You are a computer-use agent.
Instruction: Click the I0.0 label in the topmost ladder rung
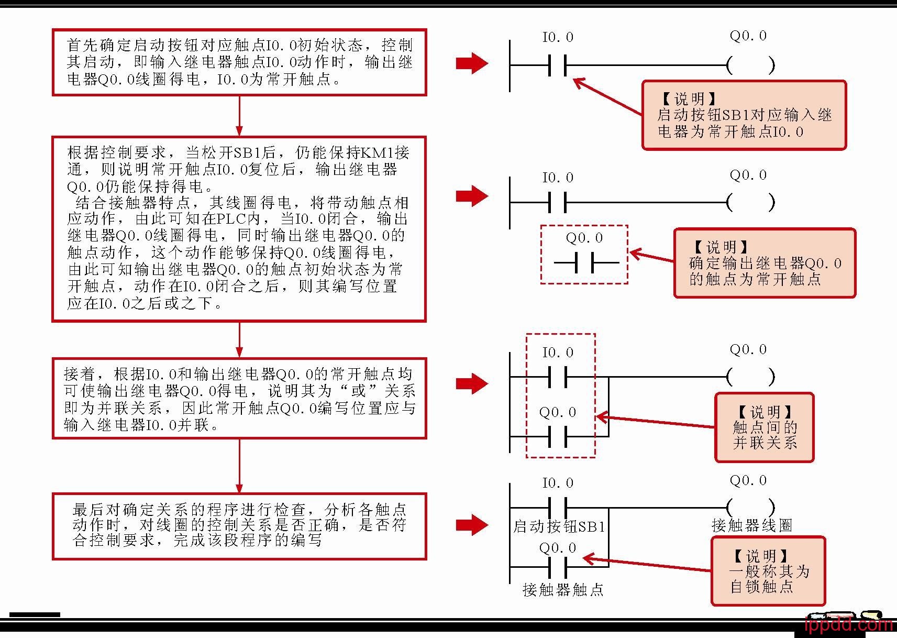(x=558, y=37)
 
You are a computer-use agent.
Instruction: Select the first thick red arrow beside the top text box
(x=472, y=63)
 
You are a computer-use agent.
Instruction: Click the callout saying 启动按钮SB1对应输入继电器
(x=744, y=115)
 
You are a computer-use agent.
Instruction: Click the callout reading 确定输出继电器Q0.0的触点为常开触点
(x=765, y=263)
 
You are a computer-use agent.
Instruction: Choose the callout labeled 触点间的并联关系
(x=765, y=427)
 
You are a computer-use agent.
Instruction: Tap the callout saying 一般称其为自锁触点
(x=768, y=571)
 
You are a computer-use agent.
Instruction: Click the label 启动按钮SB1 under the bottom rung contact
(x=559, y=526)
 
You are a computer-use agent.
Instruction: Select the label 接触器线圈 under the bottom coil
(x=752, y=525)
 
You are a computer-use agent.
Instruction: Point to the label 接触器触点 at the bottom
(x=563, y=590)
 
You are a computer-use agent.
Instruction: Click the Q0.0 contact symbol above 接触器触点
(x=558, y=567)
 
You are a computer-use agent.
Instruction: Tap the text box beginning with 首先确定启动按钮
(x=239, y=62)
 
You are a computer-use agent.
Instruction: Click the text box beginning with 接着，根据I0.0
(x=239, y=399)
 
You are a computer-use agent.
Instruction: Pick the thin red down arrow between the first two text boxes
(x=239, y=116)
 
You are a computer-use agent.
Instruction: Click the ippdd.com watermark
(x=848, y=624)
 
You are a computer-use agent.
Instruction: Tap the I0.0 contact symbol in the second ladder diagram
(x=558, y=202)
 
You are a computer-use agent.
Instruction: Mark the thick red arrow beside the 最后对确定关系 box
(x=472, y=525)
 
